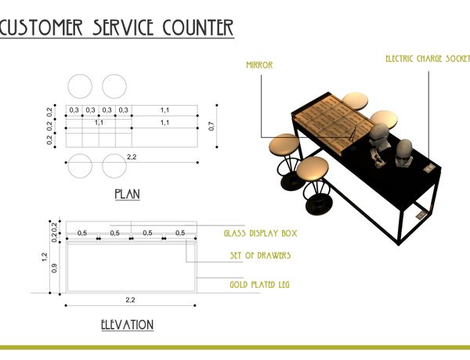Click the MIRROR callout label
[x=259, y=65]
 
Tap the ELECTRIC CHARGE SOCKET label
[x=428, y=59]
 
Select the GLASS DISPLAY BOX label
[x=261, y=233]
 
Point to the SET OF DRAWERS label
[x=261, y=255]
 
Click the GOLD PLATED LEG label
[x=259, y=284]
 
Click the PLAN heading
[x=128, y=194]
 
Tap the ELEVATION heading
[x=128, y=325]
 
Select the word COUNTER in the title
[x=198, y=27]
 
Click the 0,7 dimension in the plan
[x=211, y=126]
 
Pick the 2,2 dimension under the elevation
[x=130, y=300]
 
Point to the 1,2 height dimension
[x=45, y=257]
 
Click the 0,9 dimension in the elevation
[x=54, y=268]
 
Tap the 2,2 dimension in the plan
[x=132, y=157]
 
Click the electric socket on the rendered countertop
[x=429, y=168]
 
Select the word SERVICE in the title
[x=123, y=27]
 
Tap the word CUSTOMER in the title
[x=41, y=27]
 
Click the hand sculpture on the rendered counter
[x=378, y=158]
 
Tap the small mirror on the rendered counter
[x=352, y=134]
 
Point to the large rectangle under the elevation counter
[x=132, y=267]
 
